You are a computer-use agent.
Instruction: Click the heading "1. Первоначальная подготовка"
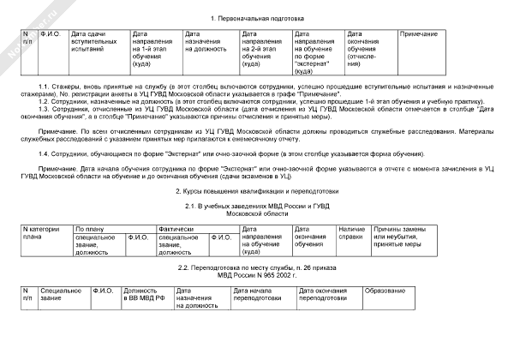(x=256, y=19)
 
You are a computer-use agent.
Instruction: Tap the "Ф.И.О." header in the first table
(x=51, y=33)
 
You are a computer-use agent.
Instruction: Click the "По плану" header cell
(x=89, y=229)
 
